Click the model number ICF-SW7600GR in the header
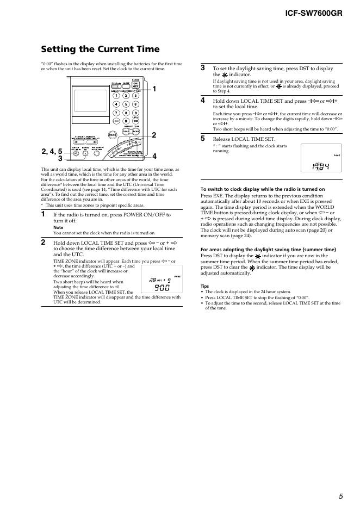point(314,12)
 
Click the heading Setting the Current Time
point(101,49)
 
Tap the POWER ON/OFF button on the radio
point(136,85)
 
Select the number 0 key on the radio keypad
point(126,121)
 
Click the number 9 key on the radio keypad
point(136,113)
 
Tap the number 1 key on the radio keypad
point(116,96)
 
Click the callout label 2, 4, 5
point(53,151)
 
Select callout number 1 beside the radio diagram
point(154,89)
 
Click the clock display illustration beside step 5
point(321,158)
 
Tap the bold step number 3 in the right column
point(203,68)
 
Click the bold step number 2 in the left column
point(44,242)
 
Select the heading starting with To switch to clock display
point(263,189)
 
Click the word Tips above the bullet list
point(204,286)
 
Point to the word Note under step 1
point(57,228)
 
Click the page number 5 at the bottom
point(340,496)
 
